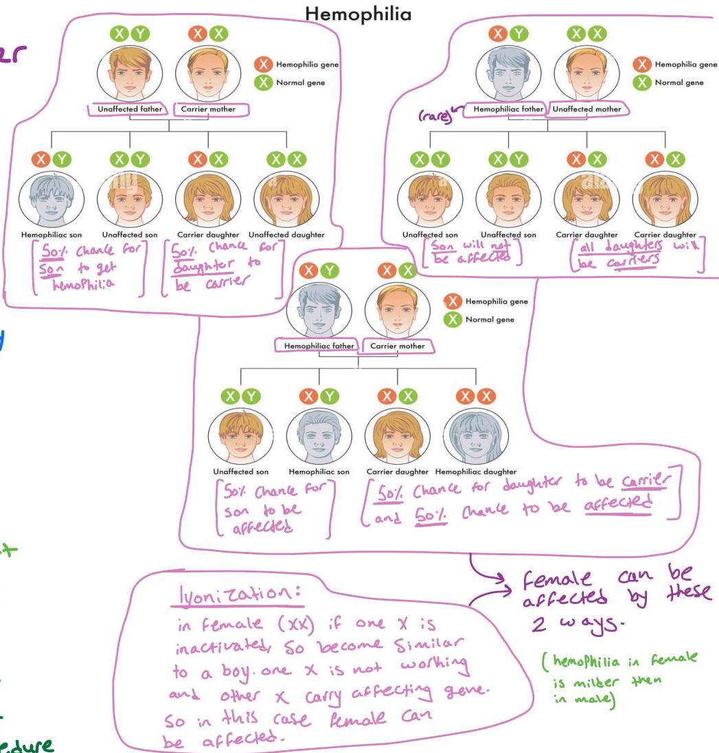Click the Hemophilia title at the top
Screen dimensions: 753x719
pyautogui.click(x=358, y=13)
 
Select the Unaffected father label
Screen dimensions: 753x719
pyautogui.click(x=129, y=109)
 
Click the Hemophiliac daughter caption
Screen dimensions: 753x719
pyautogui.click(x=475, y=472)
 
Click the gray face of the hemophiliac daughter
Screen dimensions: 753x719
pyautogui.click(x=476, y=437)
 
